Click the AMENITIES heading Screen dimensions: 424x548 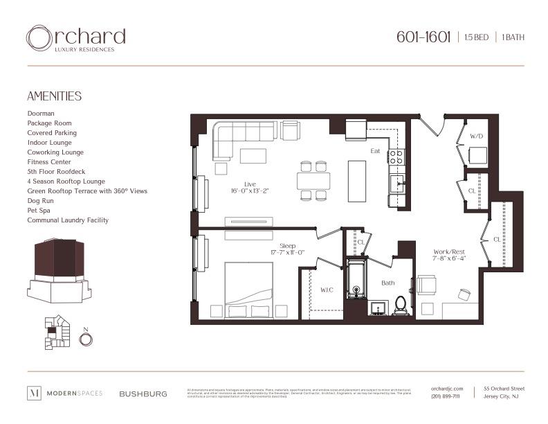coord(54,96)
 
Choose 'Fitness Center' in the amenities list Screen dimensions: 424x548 coord(49,161)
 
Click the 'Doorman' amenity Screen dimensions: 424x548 coord(41,113)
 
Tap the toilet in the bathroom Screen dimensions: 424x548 coord(401,305)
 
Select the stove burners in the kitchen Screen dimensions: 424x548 coord(396,157)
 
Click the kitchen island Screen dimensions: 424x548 coord(357,181)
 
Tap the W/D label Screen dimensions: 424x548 coord(476,136)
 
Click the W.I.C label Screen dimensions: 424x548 coord(326,290)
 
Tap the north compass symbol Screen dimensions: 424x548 coord(86,339)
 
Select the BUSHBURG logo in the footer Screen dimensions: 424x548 coord(143,394)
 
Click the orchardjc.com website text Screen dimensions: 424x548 coord(446,389)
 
